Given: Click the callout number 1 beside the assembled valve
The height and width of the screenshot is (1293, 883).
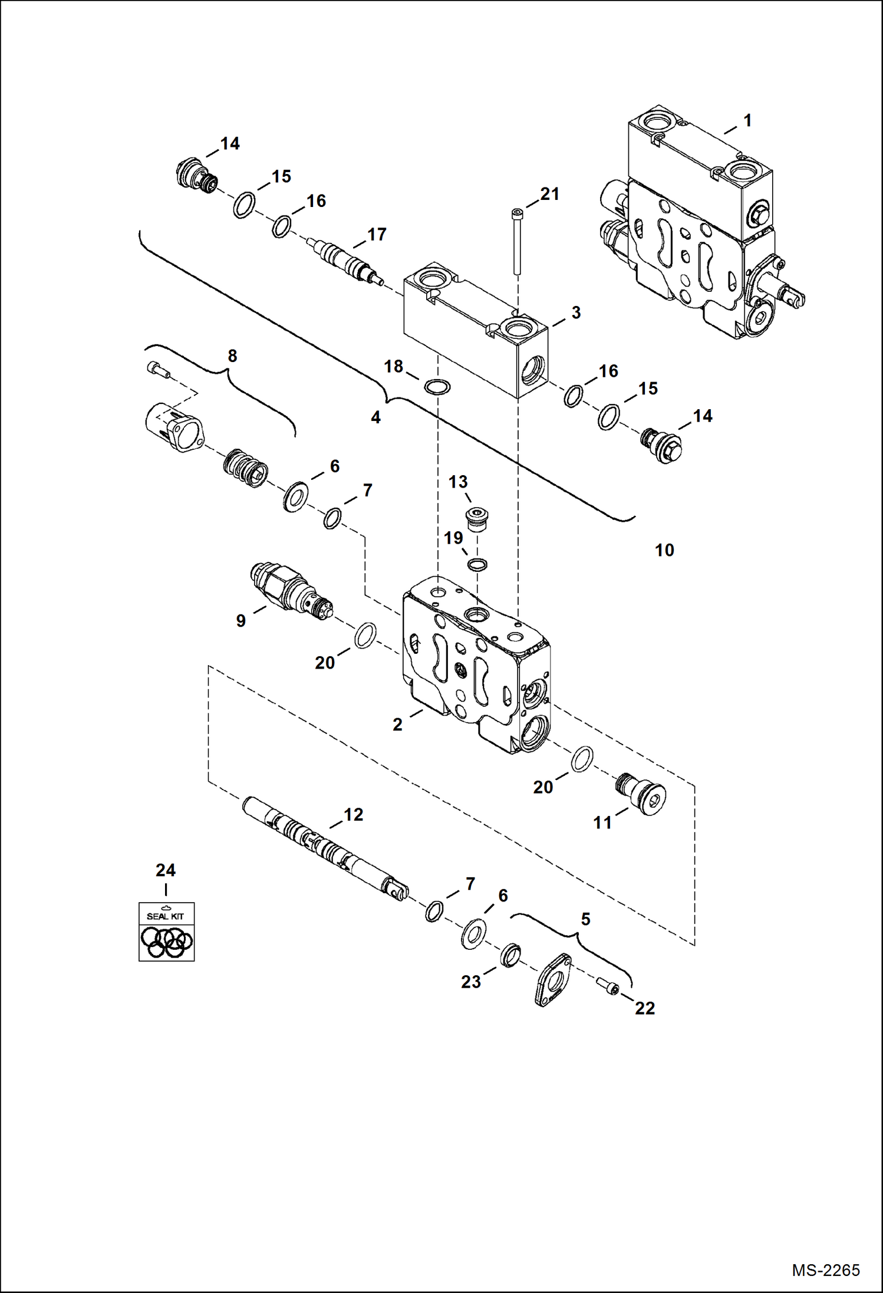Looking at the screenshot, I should (747, 121).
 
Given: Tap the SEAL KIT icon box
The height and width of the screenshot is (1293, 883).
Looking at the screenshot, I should (166, 932).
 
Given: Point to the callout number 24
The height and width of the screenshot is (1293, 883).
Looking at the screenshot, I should (166, 870).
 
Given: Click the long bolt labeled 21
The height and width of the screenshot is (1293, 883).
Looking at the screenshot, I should (517, 242).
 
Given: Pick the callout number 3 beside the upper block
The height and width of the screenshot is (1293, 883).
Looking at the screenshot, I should (576, 312).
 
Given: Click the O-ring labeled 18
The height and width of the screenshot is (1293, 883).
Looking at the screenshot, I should (437, 387).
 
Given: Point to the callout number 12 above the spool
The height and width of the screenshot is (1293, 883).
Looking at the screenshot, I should (353, 814).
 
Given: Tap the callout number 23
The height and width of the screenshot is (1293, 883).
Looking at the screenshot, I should (470, 982).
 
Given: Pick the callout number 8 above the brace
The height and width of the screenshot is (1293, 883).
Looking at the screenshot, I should (232, 356).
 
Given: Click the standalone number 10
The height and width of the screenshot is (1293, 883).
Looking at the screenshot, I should (664, 550).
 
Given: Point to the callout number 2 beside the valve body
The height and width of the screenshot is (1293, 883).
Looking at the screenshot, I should (397, 724).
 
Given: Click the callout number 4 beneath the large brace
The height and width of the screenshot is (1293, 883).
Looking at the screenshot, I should (375, 417).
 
